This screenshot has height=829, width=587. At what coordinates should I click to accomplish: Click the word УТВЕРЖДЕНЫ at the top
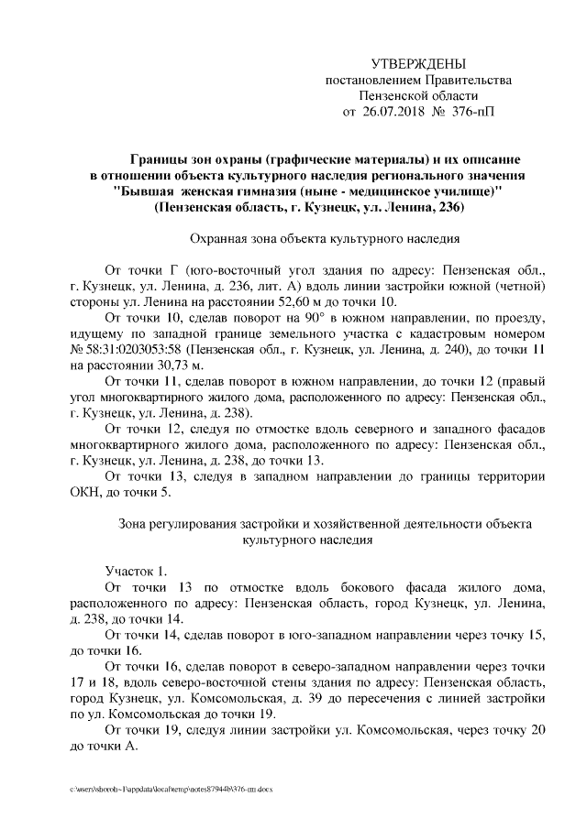(417, 63)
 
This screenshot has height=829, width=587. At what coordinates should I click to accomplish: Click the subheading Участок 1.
(137, 570)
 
